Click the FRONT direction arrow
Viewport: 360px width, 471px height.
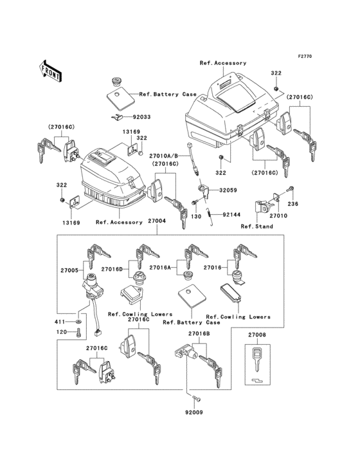pyautogui.click(x=51, y=71)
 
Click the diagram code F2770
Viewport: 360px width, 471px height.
pyautogui.click(x=305, y=56)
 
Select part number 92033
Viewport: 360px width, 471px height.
pyautogui.click(x=139, y=117)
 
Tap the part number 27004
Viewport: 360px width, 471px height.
pyautogui.click(x=157, y=221)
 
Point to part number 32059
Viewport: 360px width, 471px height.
pyautogui.click(x=228, y=190)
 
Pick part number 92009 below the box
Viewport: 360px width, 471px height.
pyautogui.click(x=194, y=412)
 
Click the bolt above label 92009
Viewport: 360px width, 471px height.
pyautogui.click(x=197, y=399)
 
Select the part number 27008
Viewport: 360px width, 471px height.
pyautogui.click(x=257, y=335)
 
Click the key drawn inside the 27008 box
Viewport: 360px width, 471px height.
pyautogui.click(x=257, y=359)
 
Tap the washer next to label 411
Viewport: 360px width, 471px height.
pyautogui.click(x=78, y=322)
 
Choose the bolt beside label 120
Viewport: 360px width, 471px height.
pyautogui.click(x=78, y=333)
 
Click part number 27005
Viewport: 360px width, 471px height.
pyautogui.click(x=69, y=270)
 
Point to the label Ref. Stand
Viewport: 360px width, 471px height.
pyautogui.click(x=256, y=226)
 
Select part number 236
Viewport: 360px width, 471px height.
pyautogui.click(x=292, y=204)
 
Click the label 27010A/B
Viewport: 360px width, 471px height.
pyautogui.click(x=164, y=156)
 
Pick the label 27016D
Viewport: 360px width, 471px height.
pyautogui.click(x=112, y=269)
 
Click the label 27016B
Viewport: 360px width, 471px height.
pyautogui.click(x=199, y=333)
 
